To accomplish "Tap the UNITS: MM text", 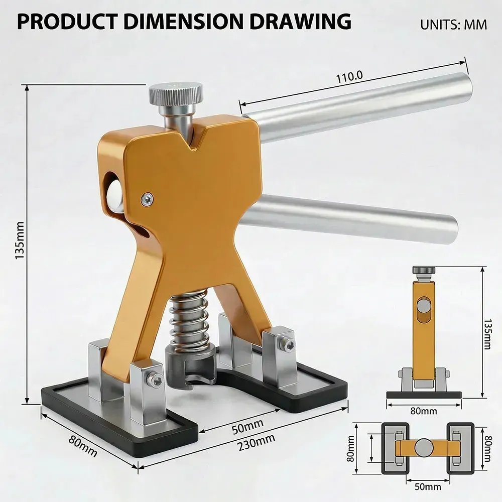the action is [x=453, y=25].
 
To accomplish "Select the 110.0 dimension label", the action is [x=349, y=77].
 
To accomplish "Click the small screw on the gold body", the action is [x=147, y=199].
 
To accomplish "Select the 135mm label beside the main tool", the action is [x=20, y=240].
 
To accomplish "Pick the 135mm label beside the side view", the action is [x=487, y=334].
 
